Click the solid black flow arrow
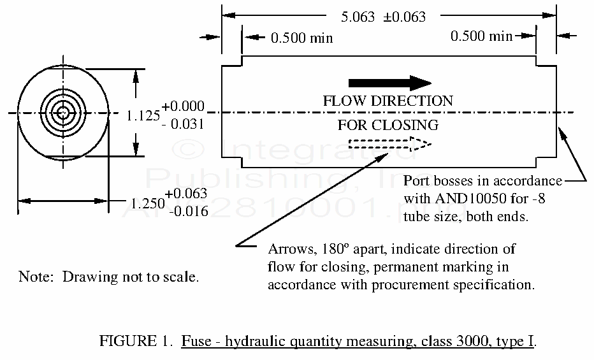coord(390,82)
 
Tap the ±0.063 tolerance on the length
coord(404,17)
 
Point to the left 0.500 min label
coord(301,38)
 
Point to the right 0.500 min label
coord(481,36)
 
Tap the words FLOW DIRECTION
coord(388,101)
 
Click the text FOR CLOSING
coord(388,125)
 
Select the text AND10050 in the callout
coord(460,198)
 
